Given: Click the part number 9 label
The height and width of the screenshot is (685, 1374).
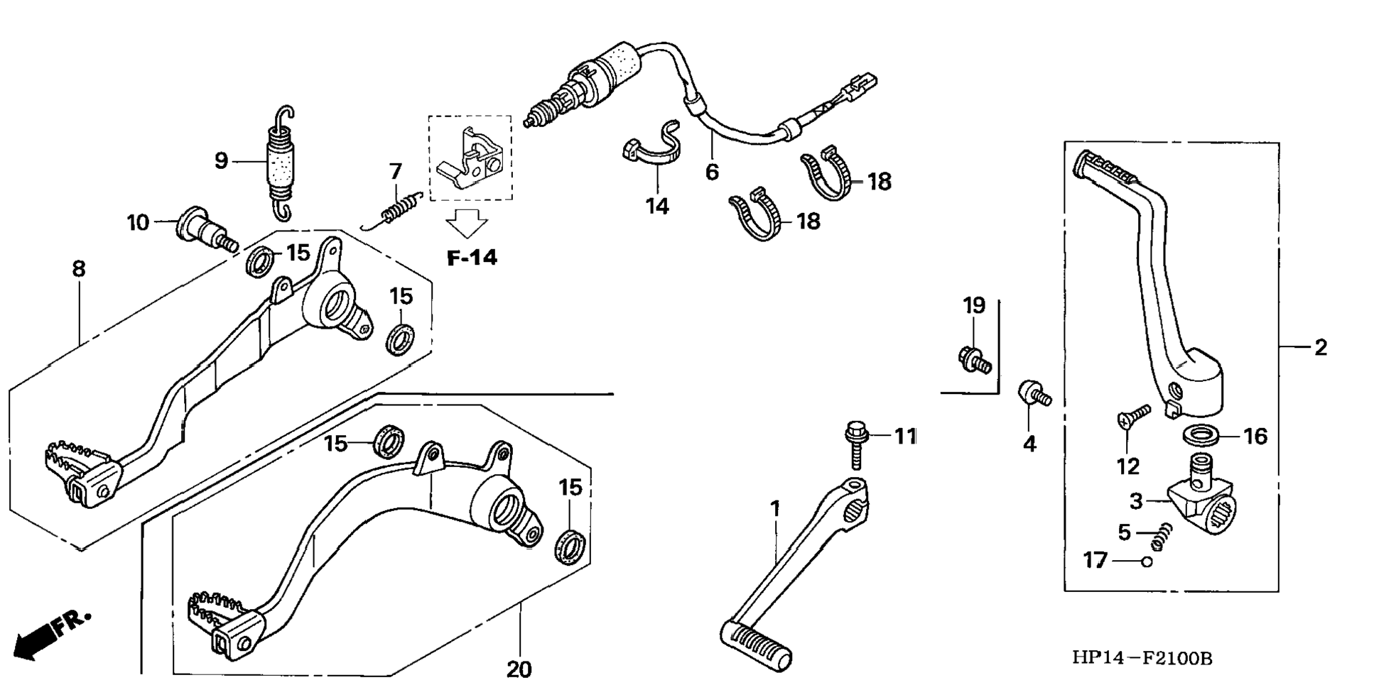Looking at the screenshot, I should coord(221,161).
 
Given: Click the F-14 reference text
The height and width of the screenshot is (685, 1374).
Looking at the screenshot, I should coord(472,258).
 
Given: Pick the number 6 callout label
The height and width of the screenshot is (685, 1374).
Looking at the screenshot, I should coord(712,172).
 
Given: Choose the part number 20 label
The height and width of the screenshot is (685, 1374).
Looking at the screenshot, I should coord(519,669).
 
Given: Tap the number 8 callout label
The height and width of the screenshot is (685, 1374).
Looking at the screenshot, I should coord(78,268).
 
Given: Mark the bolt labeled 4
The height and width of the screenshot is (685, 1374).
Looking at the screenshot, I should coord(1033,395).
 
